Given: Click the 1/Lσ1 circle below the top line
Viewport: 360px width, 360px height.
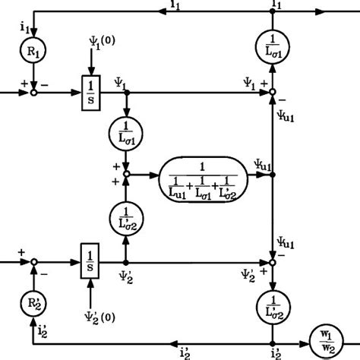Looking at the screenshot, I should coord(273,47).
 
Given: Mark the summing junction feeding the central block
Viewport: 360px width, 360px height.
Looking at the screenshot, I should coord(126,174).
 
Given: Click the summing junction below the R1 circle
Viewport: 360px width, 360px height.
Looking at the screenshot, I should coord(31,93).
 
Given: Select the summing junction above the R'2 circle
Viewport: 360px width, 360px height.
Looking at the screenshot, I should coord(31,263).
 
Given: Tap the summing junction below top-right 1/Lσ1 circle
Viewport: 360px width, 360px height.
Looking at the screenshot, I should coord(273,93).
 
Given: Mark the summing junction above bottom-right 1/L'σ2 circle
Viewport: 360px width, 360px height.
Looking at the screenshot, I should coord(273,263).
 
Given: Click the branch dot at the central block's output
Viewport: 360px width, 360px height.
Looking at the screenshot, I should coord(273,174).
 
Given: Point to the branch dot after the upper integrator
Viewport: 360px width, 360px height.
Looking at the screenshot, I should coord(126,93).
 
